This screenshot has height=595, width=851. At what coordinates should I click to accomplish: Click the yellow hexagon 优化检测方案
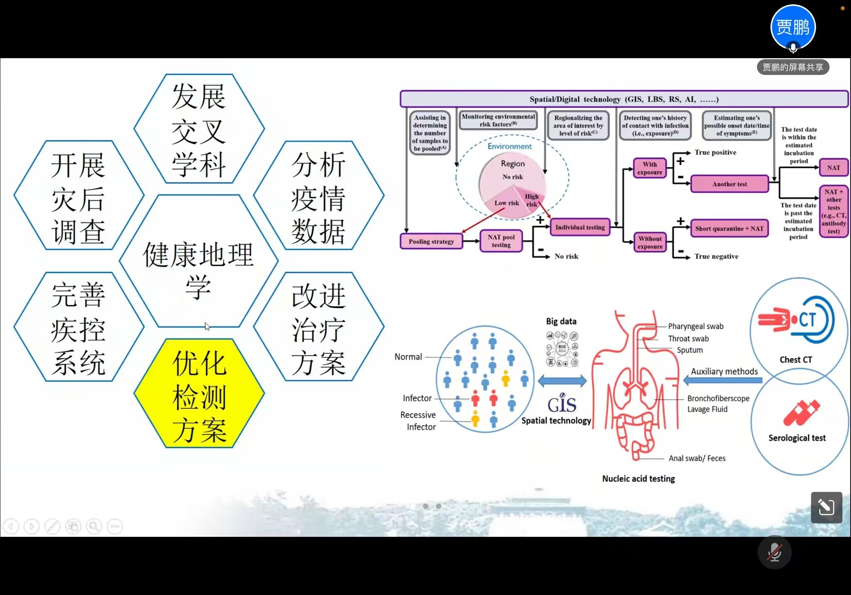[x=199, y=393]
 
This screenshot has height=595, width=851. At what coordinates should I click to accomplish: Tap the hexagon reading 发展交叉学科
[x=199, y=128]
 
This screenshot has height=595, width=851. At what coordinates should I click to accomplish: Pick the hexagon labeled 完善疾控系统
[x=79, y=327]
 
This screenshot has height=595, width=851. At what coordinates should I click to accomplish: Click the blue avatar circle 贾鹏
[x=793, y=27]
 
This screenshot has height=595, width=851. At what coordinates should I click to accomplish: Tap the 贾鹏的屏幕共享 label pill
[x=793, y=67]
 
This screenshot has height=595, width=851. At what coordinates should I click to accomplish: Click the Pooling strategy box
[x=431, y=242]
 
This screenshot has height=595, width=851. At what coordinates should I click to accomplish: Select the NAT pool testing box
[x=501, y=241]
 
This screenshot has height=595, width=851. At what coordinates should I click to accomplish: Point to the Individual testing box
[x=580, y=227]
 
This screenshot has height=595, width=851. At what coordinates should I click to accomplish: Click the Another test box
[x=729, y=184]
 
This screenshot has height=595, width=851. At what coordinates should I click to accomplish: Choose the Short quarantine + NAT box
[x=729, y=229]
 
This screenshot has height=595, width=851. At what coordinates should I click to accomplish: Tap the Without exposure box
[x=650, y=242]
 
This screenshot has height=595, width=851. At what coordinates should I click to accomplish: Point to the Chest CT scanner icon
[x=796, y=320]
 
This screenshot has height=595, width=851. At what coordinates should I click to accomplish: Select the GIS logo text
[x=562, y=404]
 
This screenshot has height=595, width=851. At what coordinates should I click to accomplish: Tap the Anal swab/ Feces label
[x=697, y=458]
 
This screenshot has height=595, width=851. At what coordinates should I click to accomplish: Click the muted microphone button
[x=774, y=553]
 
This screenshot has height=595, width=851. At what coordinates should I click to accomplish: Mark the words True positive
[x=715, y=153]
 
